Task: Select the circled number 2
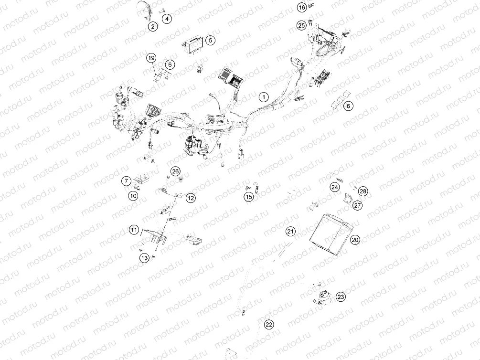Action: pos(152,26)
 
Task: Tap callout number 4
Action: pos(167,19)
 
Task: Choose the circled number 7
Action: pos(126,181)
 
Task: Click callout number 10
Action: pos(133,195)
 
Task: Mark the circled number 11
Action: pos(134,231)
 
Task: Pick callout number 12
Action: pos(191,198)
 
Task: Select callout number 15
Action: pos(248,196)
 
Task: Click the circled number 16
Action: pos(301,8)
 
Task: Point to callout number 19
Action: pos(151,58)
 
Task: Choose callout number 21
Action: pos(291,232)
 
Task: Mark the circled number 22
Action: pos(269,325)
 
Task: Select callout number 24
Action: pos(335,187)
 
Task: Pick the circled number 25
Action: pos(301,25)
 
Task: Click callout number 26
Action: pos(175,171)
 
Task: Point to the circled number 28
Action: pos(363,191)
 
